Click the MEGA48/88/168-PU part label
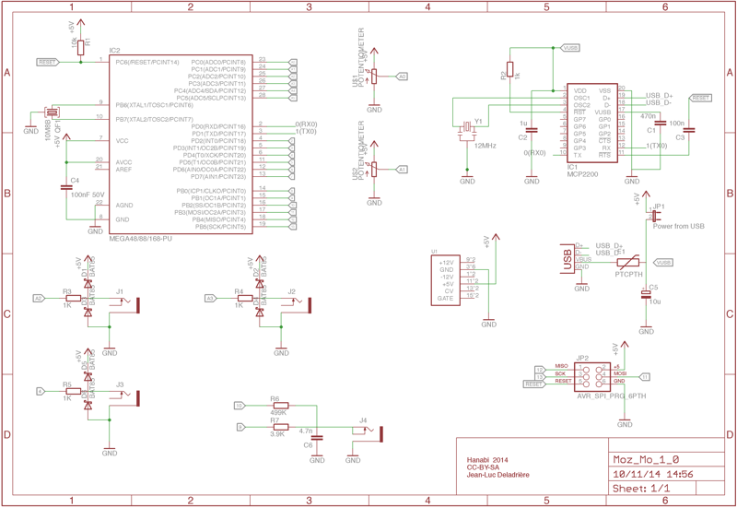coord(140,238)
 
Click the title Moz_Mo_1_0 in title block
coord(646,458)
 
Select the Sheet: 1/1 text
coord(641,488)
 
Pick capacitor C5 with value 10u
coord(646,294)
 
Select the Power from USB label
coord(678,225)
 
